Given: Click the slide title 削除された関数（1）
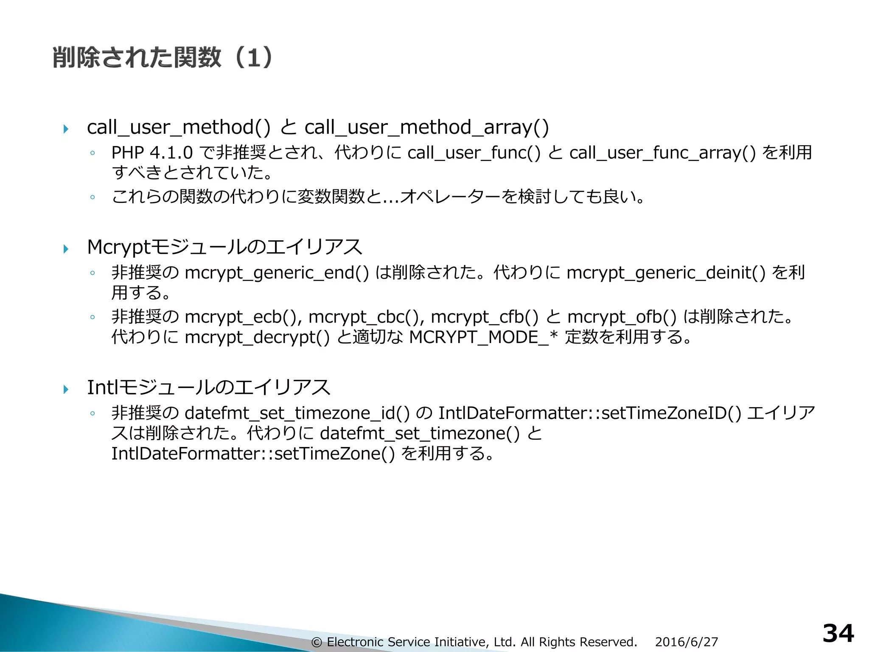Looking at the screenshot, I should (163, 57).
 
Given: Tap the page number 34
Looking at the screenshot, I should (838, 634).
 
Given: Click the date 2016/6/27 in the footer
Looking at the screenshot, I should (686, 642).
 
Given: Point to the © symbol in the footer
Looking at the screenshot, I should (316, 642).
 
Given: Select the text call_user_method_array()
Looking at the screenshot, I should (426, 127).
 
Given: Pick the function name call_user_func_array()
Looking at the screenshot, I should (662, 153).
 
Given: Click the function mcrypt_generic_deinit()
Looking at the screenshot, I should (666, 273).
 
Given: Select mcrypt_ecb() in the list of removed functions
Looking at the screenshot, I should (241, 317).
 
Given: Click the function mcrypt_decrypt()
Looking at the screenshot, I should (257, 337).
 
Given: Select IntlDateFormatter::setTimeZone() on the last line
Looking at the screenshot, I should (253, 453).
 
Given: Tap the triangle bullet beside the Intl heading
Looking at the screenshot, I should (66, 389).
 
